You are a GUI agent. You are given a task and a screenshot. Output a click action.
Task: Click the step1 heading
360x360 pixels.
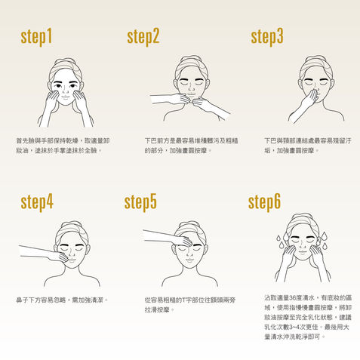36,37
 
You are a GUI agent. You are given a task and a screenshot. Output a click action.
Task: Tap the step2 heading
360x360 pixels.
143,37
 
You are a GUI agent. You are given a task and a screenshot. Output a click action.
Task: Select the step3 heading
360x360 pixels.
267,37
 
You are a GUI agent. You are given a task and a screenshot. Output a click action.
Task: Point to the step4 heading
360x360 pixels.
37,202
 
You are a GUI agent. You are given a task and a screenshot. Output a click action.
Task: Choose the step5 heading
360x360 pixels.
140,202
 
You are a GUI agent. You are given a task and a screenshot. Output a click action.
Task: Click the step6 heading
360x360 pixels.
264,202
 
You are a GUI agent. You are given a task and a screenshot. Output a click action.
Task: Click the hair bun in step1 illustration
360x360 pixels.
65,61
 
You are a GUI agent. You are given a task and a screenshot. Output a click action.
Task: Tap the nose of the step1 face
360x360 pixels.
65,90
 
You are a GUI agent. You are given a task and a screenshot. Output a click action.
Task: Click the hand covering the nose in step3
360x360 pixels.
311,97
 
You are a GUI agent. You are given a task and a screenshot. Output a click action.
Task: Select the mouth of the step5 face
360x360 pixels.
189,260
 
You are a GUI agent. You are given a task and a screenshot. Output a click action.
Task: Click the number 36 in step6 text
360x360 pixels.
291,298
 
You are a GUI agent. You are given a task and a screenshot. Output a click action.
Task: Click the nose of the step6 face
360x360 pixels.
303,246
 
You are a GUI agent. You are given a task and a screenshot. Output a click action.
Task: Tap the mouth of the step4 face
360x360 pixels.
72,260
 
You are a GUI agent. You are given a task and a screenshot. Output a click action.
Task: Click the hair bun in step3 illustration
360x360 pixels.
315,58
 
